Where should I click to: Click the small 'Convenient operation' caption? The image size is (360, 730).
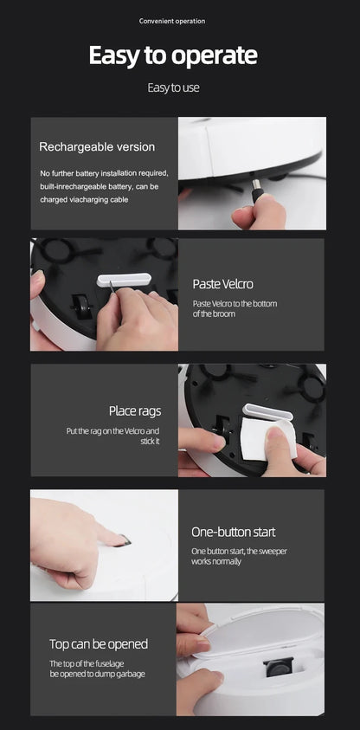point(171,21)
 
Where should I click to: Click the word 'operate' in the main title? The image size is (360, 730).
point(215,56)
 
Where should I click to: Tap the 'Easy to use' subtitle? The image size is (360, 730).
point(173,87)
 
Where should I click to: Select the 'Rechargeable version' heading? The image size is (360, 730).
point(97,147)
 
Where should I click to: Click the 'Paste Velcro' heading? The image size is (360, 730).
point(222,284)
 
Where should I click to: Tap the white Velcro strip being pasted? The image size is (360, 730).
point(125,280)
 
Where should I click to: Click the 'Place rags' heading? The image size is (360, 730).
point(135,411)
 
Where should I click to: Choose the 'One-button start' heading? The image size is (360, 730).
point(234,533)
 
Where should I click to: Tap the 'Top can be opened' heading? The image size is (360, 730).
point(99,644)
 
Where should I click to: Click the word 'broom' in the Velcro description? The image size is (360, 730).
point(224,314)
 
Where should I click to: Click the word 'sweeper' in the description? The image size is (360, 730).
point(273,552)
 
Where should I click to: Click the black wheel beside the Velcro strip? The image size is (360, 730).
point(82,307)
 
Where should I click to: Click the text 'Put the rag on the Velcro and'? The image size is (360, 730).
point(112,431)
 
